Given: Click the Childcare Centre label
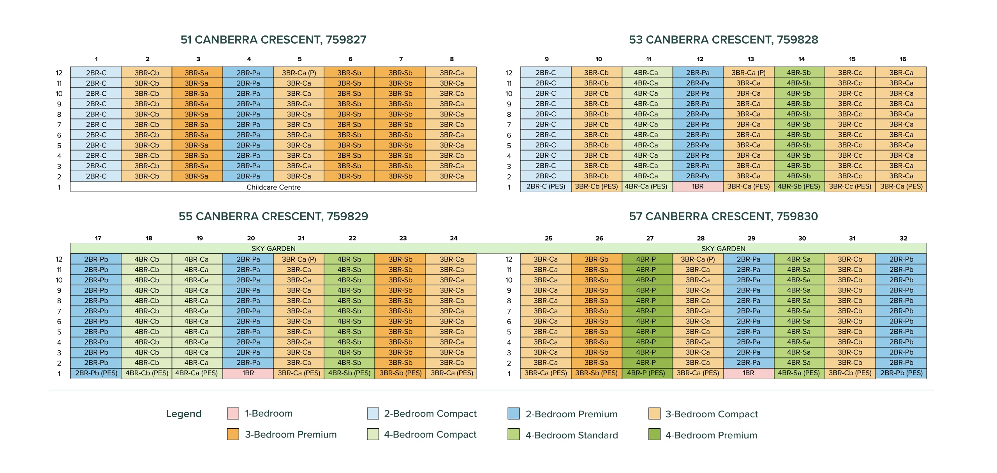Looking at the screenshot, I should click(273, 187).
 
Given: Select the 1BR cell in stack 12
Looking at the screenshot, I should click(698, 186).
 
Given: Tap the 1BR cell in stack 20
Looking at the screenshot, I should click(248, 373).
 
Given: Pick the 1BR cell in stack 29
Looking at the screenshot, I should click(748, 373).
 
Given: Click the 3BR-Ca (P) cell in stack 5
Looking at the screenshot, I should click(299, 73).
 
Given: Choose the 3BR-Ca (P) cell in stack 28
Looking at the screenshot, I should click(698, 259).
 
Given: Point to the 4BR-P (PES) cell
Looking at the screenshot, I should click(646, 373).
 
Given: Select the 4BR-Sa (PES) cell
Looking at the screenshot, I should click(799, 373).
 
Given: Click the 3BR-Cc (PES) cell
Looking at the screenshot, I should click(850, 186).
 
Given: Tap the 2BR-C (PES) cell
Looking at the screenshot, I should click(546, 186).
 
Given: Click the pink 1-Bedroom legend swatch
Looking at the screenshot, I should click(233, 413).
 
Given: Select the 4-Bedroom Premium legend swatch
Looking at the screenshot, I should click(654, 434).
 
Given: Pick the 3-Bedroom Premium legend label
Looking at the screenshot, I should click(291, 434).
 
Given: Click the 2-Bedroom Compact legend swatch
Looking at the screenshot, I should click(373, 413).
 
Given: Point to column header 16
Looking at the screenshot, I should click(903, 59).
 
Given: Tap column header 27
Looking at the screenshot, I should click(650, 238).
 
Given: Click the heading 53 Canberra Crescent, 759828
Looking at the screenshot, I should click(723, 40).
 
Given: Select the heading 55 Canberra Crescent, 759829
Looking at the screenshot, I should click(273, 216).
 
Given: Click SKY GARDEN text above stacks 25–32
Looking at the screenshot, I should click(723, 249).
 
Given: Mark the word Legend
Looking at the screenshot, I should click(183, 413).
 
